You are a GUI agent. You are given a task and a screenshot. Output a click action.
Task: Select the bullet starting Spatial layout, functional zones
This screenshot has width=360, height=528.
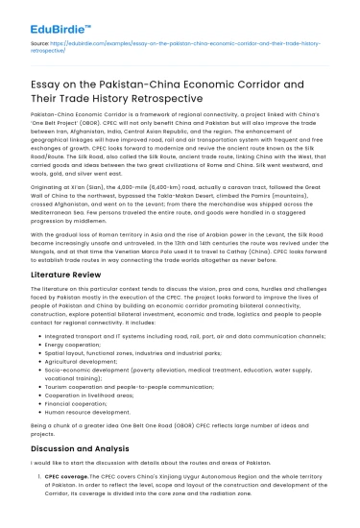pos(144,352)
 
